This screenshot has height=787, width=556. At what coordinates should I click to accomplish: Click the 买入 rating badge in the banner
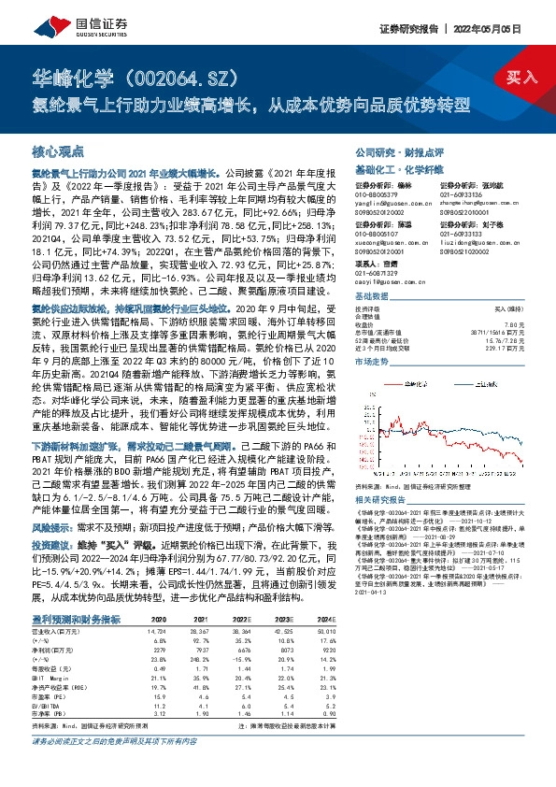[522, 77]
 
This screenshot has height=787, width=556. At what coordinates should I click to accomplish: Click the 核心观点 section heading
[58, 150]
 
